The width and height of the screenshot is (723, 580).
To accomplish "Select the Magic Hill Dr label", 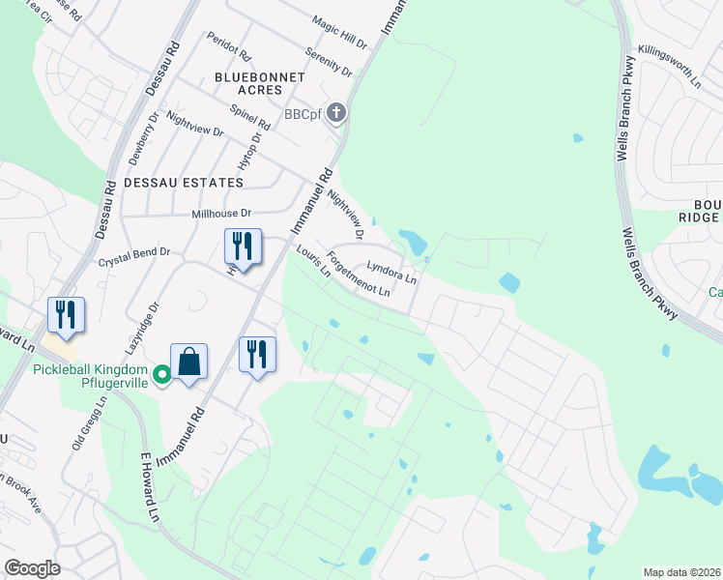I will click(339, 32).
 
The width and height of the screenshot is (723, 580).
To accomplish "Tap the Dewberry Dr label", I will click(142, 134).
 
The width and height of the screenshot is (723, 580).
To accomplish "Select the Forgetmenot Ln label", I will click(359, 274).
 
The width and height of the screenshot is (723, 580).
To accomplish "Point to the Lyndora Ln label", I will click(390, 272).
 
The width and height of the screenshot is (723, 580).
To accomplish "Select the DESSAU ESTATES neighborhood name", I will click(182, 182).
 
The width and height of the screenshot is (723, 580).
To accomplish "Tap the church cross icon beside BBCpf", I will click(336, 114).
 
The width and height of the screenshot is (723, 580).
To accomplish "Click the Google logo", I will click(32, 568).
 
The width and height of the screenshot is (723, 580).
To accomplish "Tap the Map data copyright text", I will click(681, 572).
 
